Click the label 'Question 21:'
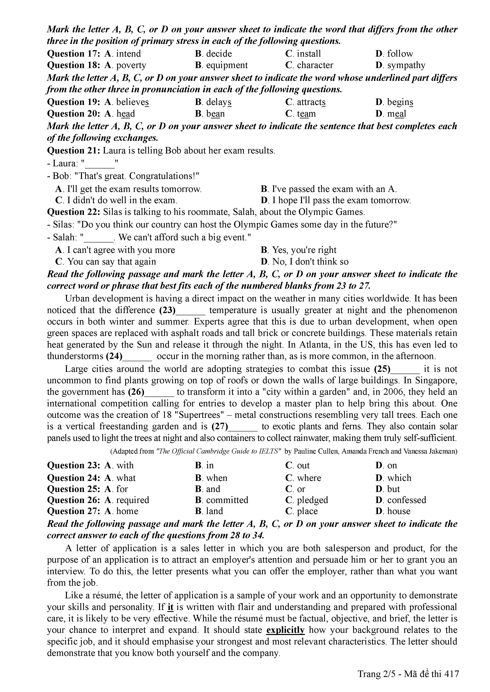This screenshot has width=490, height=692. point(74,150)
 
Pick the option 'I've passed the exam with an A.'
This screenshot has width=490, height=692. point(334,189)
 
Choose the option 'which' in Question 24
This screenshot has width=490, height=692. point(399,478)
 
